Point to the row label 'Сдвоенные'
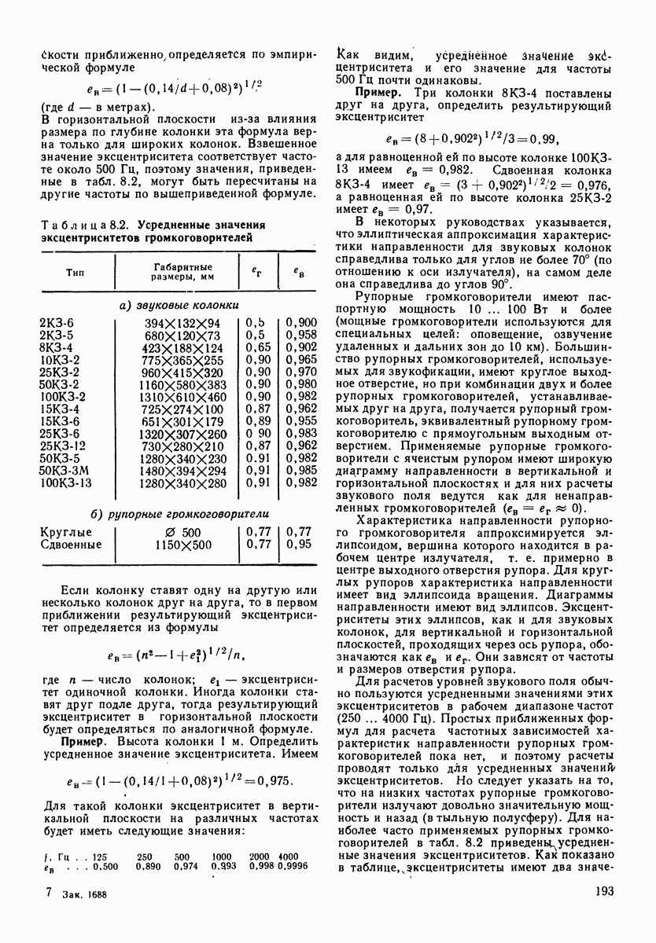click(x=68, y=544)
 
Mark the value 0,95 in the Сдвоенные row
click(x=297, y=544)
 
